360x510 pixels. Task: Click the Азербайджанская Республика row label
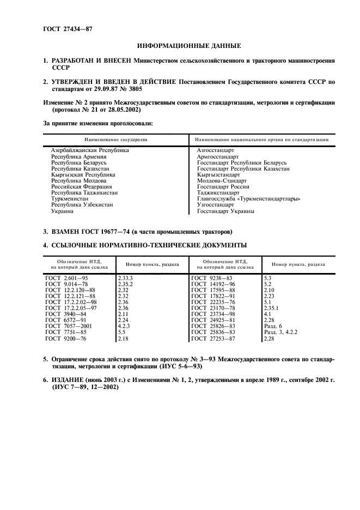[90, 149]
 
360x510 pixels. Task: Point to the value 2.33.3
[126, 278]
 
